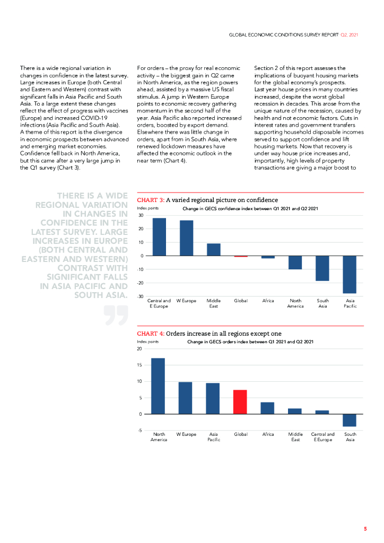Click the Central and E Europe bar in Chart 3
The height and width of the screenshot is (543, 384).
pyautogui.click(x=159, y=237)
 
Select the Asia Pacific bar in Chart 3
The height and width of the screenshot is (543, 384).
pyautogui.click(x=350, y=274)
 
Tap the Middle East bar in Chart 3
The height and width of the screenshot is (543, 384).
pyautogui.click(x=213, y=250)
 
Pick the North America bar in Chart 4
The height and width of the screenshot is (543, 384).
pyautogui.click(x=158, y=386)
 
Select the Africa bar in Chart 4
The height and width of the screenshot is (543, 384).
pyautogui.click(x=268, y=408)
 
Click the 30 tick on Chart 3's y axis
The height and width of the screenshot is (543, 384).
pyautogui.click(x=141, y=215)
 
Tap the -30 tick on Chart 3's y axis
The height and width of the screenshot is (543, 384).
pyautogui.click(x=140, y=296)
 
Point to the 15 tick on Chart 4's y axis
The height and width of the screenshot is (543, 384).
pyautogui.click(x=140, y=365)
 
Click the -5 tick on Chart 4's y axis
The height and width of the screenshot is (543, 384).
pyautogui.click(x=141, y=430)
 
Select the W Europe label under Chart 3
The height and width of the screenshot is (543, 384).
pyautogui.click(x=186, y=301)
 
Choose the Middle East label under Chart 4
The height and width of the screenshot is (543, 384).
pyautogui.click(x=295, y=437)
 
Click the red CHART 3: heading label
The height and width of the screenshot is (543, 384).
pyautogui.click(x=151, y=200)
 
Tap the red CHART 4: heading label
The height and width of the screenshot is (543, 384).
pyautogui.click(x=151, y=334)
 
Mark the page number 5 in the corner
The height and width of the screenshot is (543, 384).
pyautogui.click(x=365, y=529)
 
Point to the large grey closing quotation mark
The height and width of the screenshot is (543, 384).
pyautogui.click(x=116, y=314)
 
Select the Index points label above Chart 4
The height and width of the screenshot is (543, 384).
pyautogui.click(x=148, y=342)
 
